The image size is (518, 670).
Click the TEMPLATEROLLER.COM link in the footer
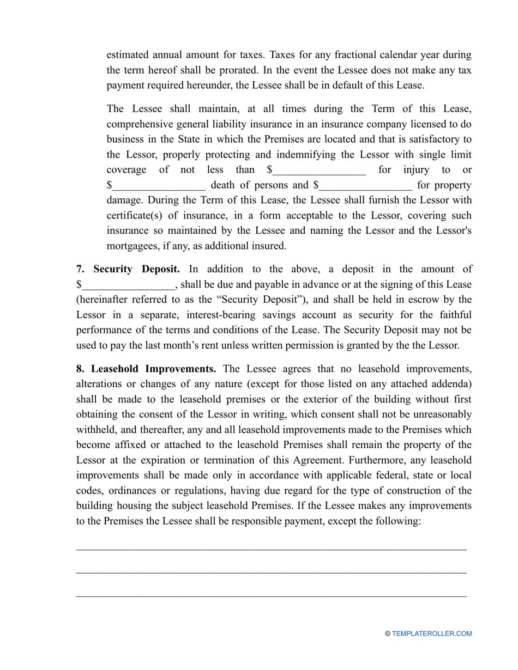[x=432, y=634]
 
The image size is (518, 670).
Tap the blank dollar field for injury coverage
[x=319, y=170]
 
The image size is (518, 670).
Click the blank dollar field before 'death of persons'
[x=159, y=186]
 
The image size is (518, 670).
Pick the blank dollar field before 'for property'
[x=365, y=186]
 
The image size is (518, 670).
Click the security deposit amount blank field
[x=128, y=285]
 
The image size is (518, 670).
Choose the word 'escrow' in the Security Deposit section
[x=426, y=300]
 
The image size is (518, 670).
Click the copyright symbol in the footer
[x=388, y=634]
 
